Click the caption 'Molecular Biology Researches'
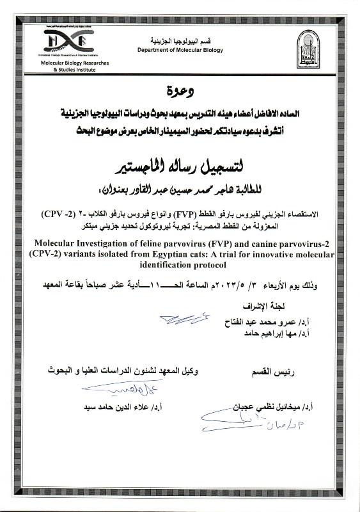click(x=66, y=63)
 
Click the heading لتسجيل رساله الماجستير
click(x=181, y=168)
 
